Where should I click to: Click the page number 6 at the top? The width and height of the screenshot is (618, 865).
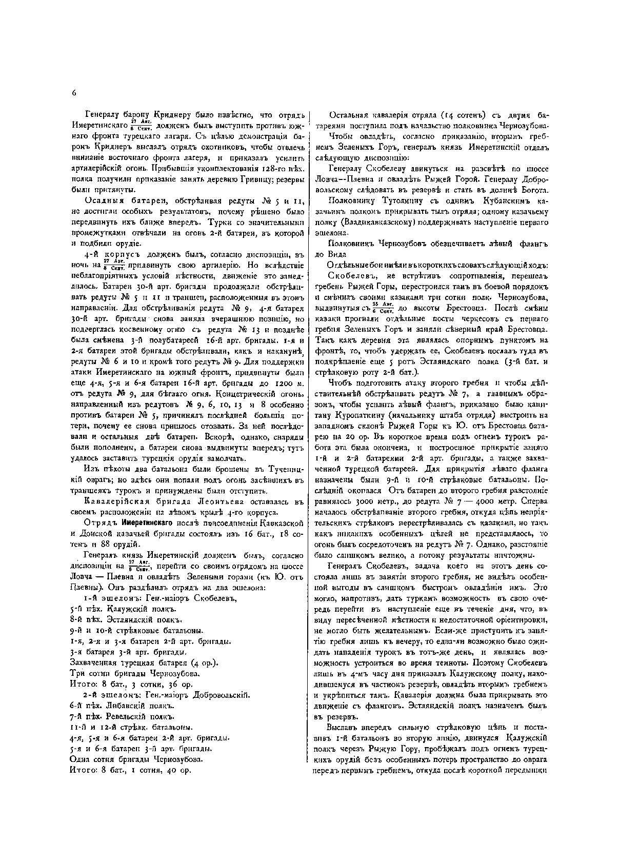tap(74, 93)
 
